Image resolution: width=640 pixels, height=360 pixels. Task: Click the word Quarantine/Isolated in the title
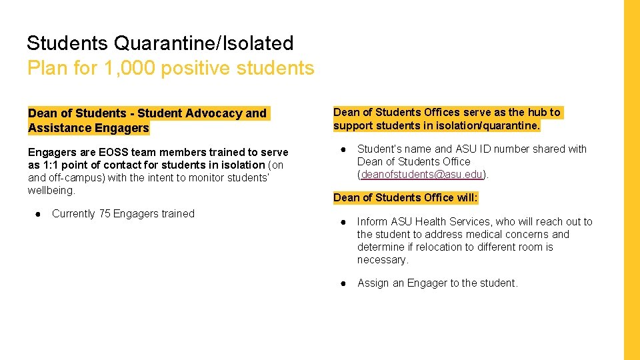(x=203, y=43)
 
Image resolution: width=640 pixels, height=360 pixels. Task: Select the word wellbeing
(x=51, y=191)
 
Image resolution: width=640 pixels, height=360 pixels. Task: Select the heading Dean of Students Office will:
(x=405, y=197)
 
